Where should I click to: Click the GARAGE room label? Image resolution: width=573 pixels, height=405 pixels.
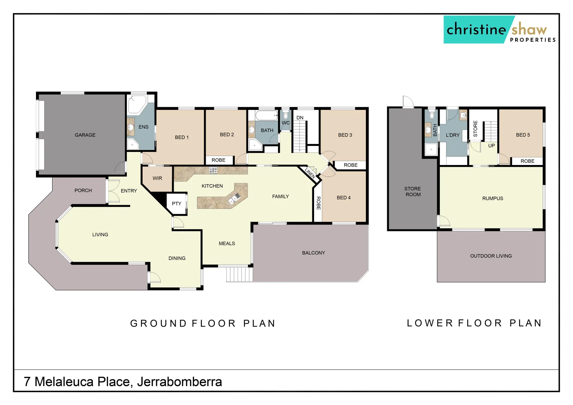[x=85, y=135]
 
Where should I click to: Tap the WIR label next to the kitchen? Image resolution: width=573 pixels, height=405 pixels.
[x=157, y=178]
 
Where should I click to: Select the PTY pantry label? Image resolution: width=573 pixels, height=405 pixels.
[x=176, y=204]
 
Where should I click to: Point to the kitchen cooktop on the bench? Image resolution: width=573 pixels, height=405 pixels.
[x=213, y=170]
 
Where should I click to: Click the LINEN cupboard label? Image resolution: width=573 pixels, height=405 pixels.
[x=310, y=172]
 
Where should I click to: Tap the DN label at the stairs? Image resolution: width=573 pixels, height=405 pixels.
[x=300, y=118]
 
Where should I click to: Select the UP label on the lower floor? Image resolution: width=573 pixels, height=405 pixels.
[x=491, y=146]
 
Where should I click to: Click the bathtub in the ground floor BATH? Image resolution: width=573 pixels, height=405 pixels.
[x=267, y=115]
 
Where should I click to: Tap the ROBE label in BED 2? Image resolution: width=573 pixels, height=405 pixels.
[x=218, y=160]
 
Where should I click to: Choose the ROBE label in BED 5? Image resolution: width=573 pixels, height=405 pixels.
[x=527, y=161]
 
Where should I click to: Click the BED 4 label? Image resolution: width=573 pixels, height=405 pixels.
[x=343, y=198]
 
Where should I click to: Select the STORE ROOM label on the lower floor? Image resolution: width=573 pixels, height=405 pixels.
[x=412, y=192]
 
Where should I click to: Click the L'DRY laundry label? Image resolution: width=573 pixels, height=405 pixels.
[x=453, y=135]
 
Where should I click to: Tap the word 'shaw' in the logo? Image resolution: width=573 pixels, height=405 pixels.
[x=529, y=29]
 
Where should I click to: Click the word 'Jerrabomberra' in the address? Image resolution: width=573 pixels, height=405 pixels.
[x=179, y=382]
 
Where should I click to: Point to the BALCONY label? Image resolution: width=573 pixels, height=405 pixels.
[x=313, y=253]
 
